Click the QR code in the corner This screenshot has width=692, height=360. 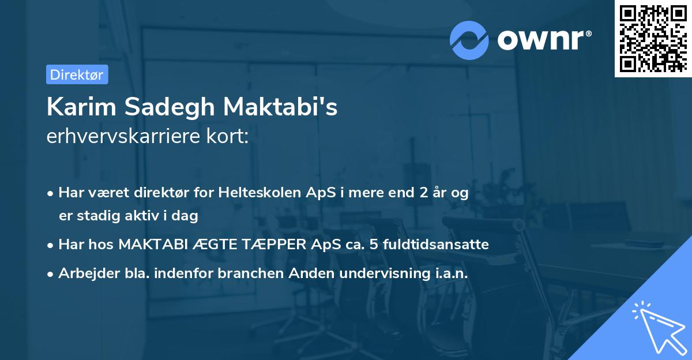click(x=653, y=39)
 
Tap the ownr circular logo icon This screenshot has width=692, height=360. click(x=469, y=40)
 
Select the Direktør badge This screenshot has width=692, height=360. click(x=77, y=74)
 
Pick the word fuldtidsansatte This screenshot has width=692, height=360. click(x=434, y=245)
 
